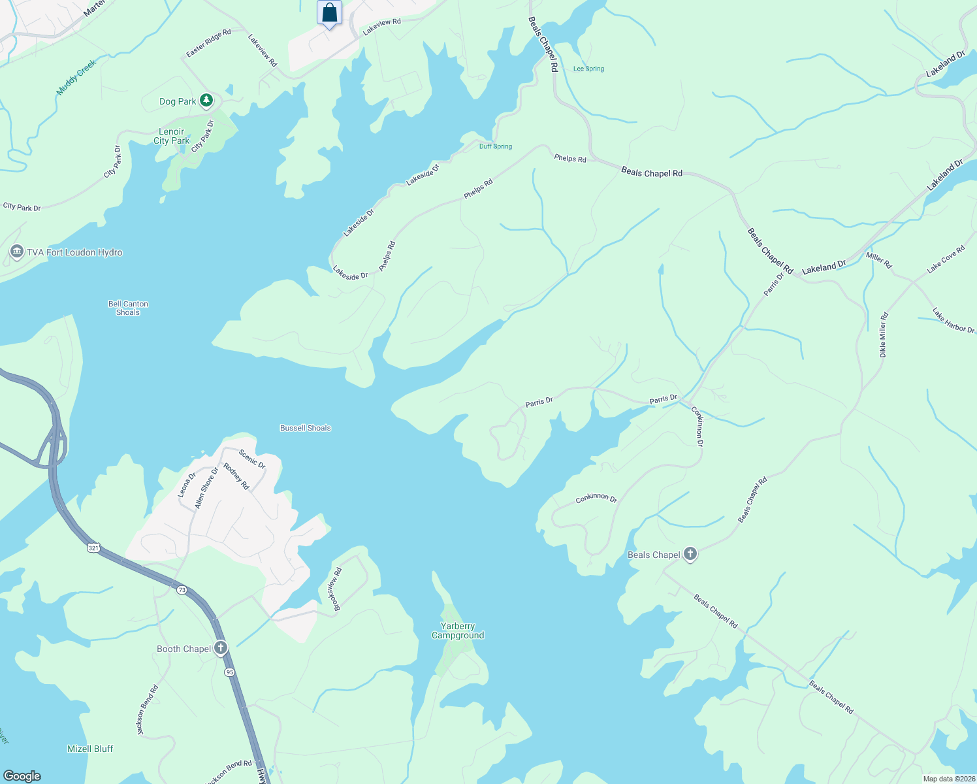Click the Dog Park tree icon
coord(206,101)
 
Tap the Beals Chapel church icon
coord(690,555)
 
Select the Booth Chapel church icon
coord(221,648)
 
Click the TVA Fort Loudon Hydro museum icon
coord(17,252)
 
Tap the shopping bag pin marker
coord(329,13)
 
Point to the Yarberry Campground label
coord(458,630)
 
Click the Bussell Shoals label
coord(305,428)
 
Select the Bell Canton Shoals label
coord(128,308)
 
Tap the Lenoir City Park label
coord(171,136)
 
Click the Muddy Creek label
coord(76,76)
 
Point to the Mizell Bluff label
coord(90,749)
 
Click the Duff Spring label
coord(495,146)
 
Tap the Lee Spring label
coord(588,69)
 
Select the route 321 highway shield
coord(93,547)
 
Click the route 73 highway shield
coord(182,590)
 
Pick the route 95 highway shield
coord(229,672)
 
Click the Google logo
coord(22,776)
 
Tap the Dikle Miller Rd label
coord(883,335)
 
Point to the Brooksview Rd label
coord(338,589)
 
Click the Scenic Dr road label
coord(252,459)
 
